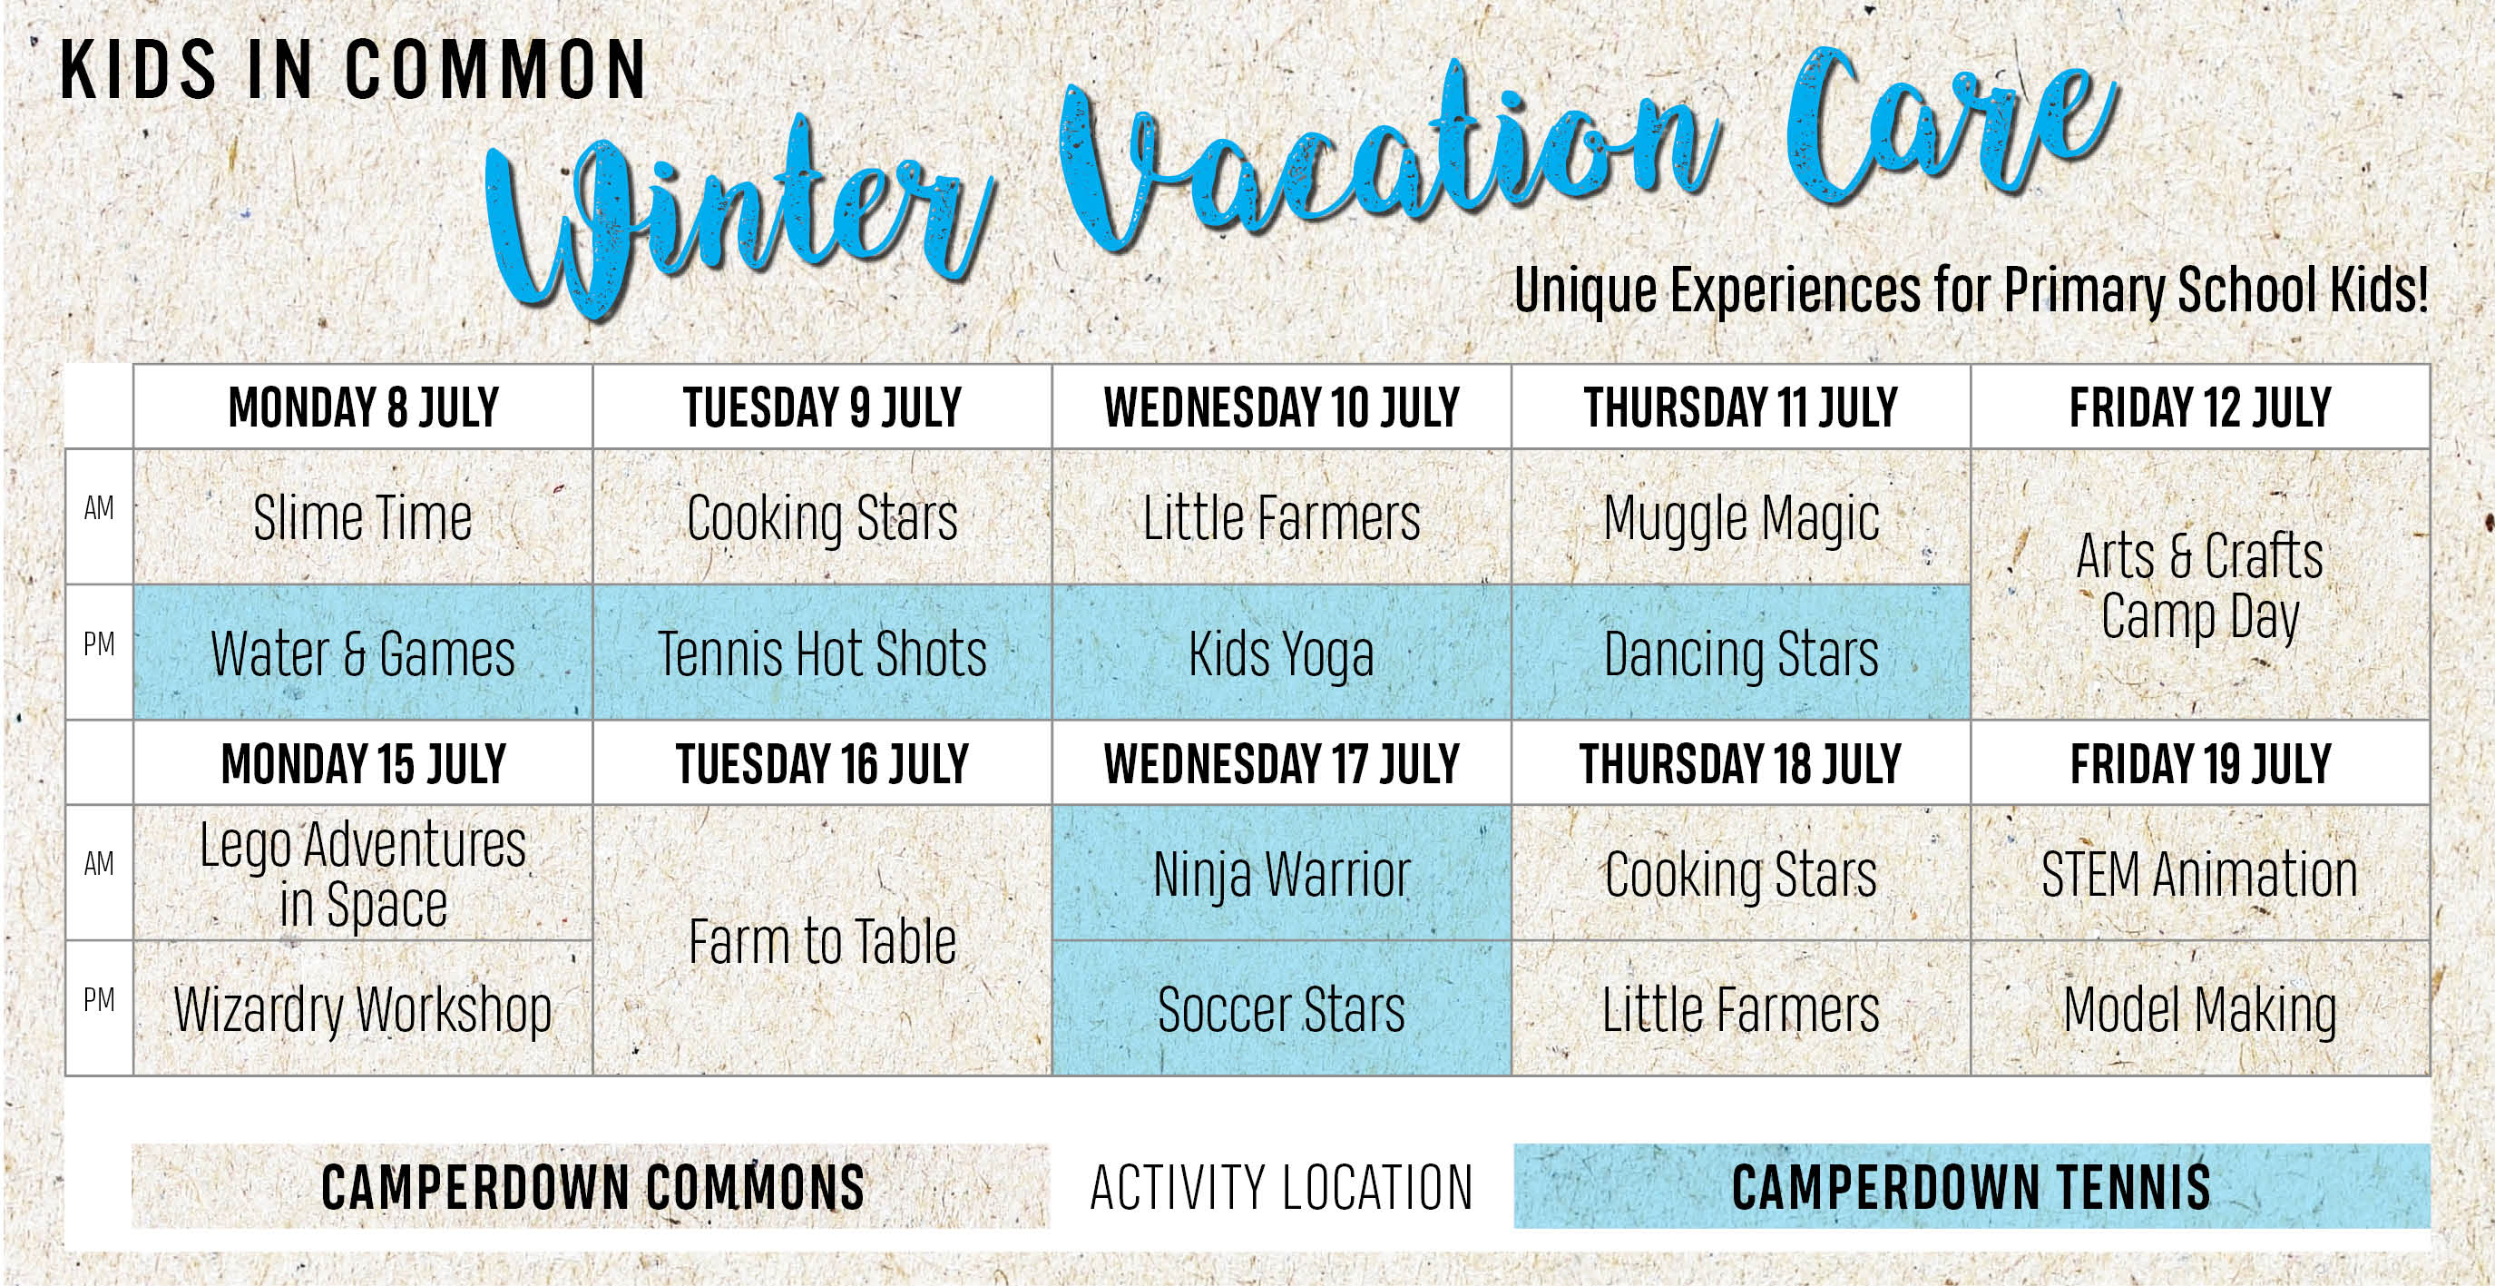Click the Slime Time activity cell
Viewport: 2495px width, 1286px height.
pyautogui.click(x=362, y=516)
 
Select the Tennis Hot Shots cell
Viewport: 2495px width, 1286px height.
pyautogui.click(x=822, y=653)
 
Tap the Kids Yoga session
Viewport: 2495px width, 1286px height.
pyautogui.click(x=1281, y=653)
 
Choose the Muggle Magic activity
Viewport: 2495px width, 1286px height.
pyautogui.click(x=1740, y=516)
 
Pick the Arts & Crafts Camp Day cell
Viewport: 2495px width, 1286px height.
pyautogui.click(x=2199, y=584)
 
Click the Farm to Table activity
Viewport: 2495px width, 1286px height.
pyautogui.click(x=822, y=940)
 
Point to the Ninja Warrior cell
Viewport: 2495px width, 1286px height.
pyautogui.click(x=1281, y=872)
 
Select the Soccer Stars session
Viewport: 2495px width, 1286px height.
pyautogui.click(x=1281, y=1008)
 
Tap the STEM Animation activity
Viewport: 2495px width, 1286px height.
pyautogui.click(x=2199, y=872)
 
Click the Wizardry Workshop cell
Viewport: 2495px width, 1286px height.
pyautogui.click(x=362, y=1008)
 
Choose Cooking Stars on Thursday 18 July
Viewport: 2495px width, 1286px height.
pyautogui.click(x=1740, y=872)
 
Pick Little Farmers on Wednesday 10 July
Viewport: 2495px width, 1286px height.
pyautogui.click(x=1281, y=516)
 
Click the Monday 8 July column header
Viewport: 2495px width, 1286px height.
pyautogui.click(x=362, y=407)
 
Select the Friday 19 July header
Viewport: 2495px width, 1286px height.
pyautogui.click(x=2199, y=763)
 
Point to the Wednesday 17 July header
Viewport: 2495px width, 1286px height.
pyautogui.click(x=1281, y=763)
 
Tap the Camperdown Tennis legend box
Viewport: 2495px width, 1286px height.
pyautogui.click(x=1972, y=1186)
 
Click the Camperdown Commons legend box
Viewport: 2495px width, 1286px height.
pyautogui.click(x=591, y=1186)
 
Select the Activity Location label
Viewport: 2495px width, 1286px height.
pyautogui.click(x=1281, y=1187)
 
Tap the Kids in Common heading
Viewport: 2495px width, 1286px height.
pyautogui.click(x=354, y=70)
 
